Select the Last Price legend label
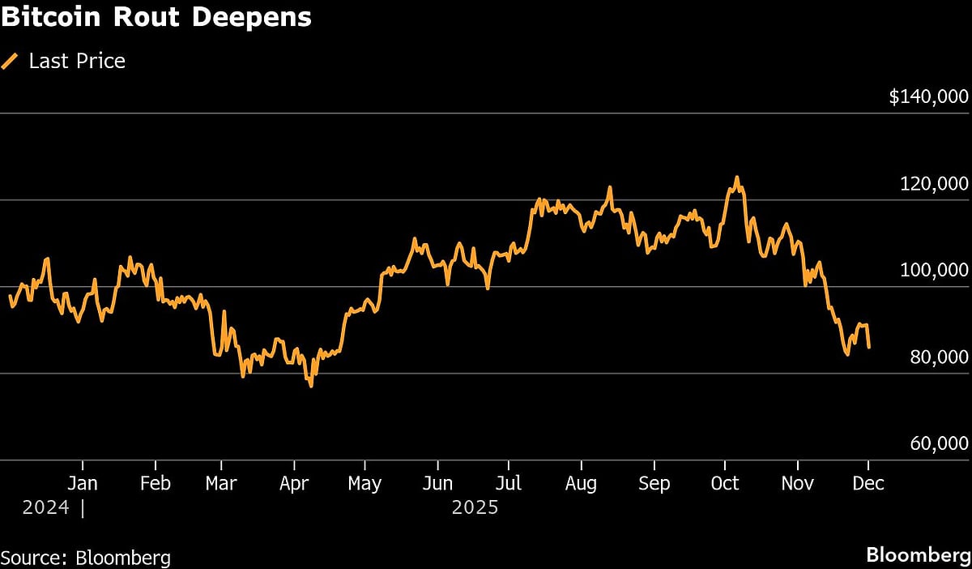77,61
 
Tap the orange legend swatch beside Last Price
11,61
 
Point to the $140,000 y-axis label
928,97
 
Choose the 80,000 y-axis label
940,357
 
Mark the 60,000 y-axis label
940,444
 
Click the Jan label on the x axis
83,484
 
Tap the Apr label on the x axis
295,484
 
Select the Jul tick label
509,484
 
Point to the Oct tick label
724,484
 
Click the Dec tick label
868,484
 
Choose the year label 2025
475,508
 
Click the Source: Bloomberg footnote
86,558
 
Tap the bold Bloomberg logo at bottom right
917,556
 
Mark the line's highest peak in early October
736,177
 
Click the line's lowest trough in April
311,386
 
